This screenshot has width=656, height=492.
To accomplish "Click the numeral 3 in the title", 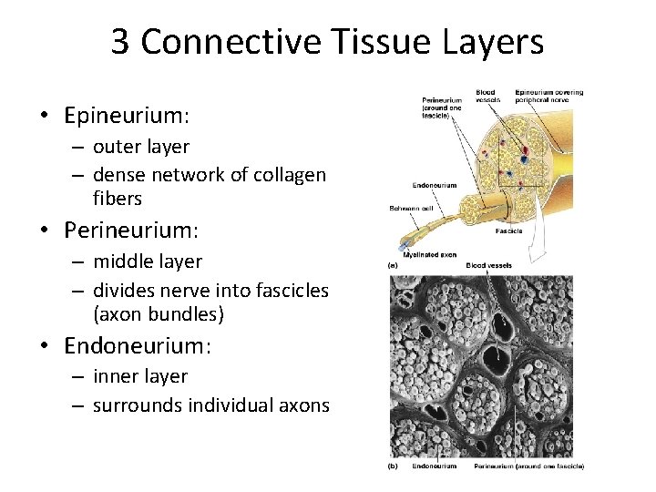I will pos(120,42).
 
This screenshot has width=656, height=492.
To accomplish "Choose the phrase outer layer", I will pos(141,147).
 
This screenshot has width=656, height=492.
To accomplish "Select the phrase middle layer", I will pos(148,261).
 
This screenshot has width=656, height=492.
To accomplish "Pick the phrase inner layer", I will pos(140,376).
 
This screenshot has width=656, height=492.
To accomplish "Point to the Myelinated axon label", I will pos(436,254).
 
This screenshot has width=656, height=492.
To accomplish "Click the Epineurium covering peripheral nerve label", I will pos(548,97).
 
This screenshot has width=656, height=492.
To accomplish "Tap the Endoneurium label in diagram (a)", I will pos(434,185).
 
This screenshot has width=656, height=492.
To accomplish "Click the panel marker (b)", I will pos(394,466).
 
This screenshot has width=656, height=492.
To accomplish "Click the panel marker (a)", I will pos(394,265).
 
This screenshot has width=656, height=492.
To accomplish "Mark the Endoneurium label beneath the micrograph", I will pos(434,466).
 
